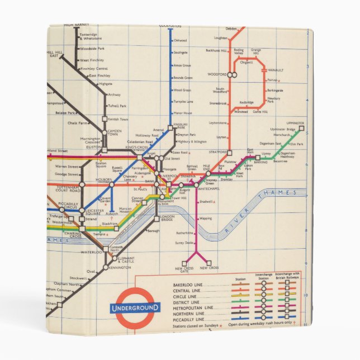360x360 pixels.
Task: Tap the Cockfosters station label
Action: coord(170,26)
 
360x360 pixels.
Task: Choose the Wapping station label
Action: coord(205,219)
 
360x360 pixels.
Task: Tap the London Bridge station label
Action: coord(168,219)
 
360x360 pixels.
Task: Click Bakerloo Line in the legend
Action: coord(187,285)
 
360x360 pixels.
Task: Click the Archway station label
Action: coord(113,94)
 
